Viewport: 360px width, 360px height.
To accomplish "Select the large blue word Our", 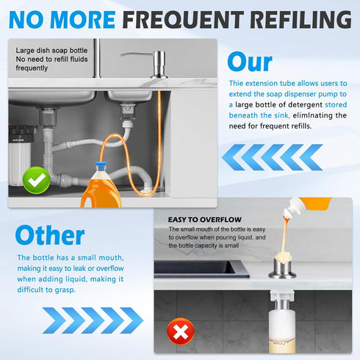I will tap(249, 62).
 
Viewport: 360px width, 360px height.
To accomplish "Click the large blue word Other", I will tap(50, 235).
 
